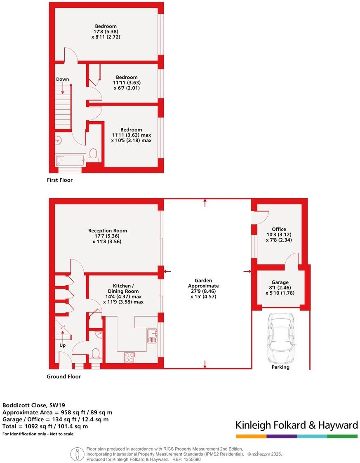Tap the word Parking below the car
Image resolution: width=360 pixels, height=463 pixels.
click(x=280, y=367)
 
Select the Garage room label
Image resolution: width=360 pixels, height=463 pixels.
click(x=280, y=282)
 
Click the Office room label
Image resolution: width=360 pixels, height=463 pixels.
click(x=279, y=229)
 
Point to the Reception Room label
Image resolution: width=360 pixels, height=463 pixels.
click(x=108, y=230)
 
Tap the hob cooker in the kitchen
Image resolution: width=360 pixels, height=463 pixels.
click(x=129, y=357)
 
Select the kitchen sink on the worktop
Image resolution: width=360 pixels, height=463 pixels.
click(x=152, y=336)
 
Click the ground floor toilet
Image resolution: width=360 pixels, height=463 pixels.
click(x=96, y=353)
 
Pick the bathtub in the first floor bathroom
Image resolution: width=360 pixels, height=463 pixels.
click(x=71, y=160)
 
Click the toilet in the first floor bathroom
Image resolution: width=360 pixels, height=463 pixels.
click(x=93, y=155)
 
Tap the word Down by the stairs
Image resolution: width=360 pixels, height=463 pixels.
click(x=63, y=79)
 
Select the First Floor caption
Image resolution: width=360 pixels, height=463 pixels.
click(x=59, y=180)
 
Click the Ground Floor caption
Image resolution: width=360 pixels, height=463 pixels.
click(x=64, y=376)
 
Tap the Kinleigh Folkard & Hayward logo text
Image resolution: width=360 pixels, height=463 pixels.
click(x=296, y=425)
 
